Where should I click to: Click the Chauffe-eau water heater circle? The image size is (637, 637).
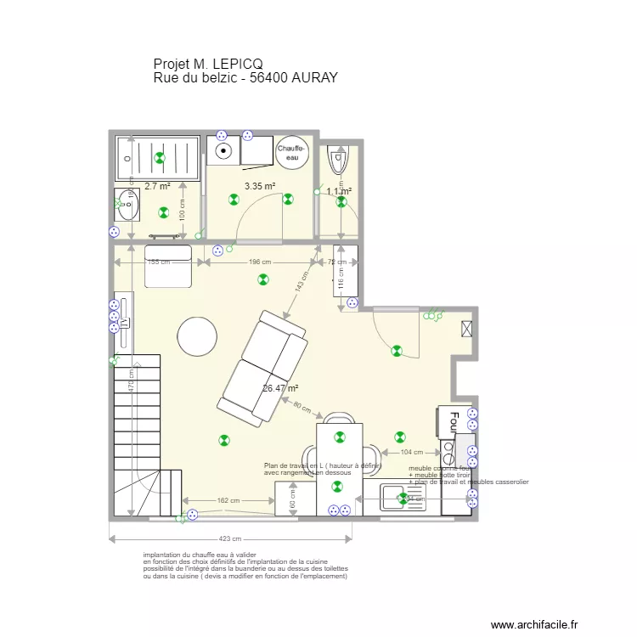click(290, 152)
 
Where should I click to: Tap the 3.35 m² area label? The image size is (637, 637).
click(259, 186)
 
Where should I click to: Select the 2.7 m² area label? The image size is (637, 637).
click(156, 186)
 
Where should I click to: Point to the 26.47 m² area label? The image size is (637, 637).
click(279, 388)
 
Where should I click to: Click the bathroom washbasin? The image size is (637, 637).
click(127, 205)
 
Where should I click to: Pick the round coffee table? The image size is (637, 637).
click(198, 338)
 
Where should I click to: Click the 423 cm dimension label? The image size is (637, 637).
click(229, 538)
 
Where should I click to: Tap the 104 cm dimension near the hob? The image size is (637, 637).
click(411, 453)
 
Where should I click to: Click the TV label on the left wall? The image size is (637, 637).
click(123, 323)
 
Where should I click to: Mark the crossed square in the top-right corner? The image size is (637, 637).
click(465, 330)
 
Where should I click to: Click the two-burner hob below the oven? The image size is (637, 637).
click(447, 450)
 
